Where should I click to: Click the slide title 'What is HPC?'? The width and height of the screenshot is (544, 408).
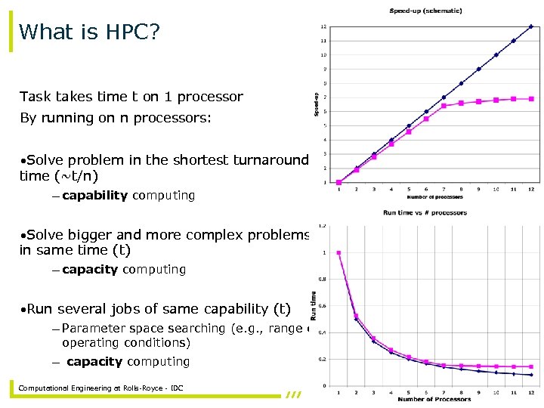pos(89,32)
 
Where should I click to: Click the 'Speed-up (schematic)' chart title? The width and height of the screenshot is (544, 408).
pos(425,11)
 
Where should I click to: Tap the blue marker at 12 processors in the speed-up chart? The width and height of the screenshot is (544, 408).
pos(531,26)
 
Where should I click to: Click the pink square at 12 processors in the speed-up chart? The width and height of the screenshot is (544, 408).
pos(531,99)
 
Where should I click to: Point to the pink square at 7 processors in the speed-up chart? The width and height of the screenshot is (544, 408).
pos(444,106)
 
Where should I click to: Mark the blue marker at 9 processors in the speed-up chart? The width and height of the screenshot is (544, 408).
pos(478,69)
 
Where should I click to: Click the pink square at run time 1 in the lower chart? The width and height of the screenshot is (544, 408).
pos(338,253)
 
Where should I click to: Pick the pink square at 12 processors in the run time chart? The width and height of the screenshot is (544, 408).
pos(531,366)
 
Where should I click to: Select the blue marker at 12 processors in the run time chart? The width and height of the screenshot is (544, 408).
pos(531,375)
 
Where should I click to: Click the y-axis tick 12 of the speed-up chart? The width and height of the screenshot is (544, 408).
pos(323,26)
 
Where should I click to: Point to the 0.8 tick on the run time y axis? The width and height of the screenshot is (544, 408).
pos(323,280)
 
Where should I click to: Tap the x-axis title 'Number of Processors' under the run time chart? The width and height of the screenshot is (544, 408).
pos(434,399)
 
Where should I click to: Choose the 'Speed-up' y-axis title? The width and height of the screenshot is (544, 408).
pos(314,104)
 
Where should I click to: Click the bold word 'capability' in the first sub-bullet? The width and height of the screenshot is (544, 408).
pos(95,196)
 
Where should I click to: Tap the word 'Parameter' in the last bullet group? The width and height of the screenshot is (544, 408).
pos(94,329)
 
